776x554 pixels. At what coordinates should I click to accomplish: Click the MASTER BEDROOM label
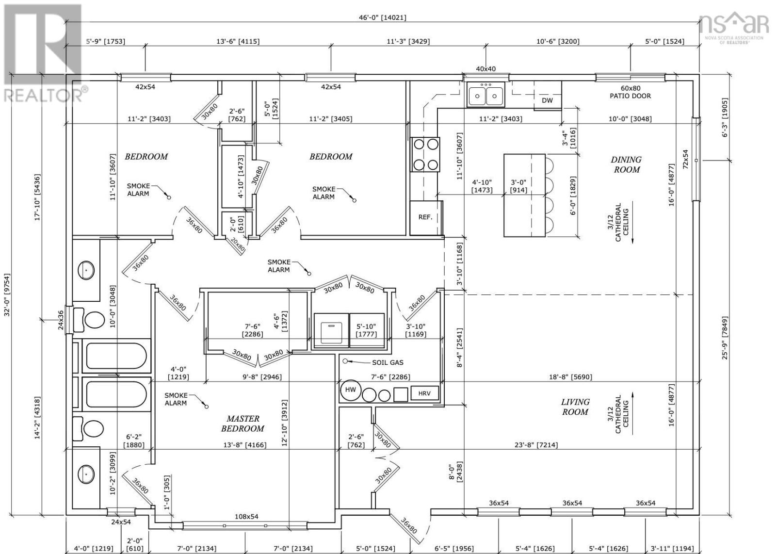pos(242,424)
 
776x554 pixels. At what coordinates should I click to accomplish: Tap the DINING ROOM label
pos(626,164)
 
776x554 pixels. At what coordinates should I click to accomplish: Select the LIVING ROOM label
pos(575,407)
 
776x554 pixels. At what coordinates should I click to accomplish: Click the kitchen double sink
pos(485,95)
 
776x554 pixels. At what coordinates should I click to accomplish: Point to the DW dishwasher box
pos(547,100)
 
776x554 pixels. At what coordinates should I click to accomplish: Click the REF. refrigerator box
pos(425,217)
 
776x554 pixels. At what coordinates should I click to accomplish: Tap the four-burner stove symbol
pos(425,154)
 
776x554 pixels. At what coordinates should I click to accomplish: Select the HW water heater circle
pos(350,390)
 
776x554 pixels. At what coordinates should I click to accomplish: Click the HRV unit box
pos(424,393)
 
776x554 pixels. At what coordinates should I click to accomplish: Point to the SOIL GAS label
pos(387,362)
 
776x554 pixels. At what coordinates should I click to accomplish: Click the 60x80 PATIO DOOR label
pos(630,92)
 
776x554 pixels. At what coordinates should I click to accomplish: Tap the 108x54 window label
pos(246,517)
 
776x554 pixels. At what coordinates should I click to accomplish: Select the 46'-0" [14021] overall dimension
pos(382,17)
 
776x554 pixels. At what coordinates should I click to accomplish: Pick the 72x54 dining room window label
pos(685,159)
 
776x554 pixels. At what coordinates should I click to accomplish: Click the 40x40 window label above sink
pos(485,69)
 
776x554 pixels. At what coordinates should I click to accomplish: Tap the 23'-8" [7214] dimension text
pos(536,444)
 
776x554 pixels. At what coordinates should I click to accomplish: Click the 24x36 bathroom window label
pos(61,320)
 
